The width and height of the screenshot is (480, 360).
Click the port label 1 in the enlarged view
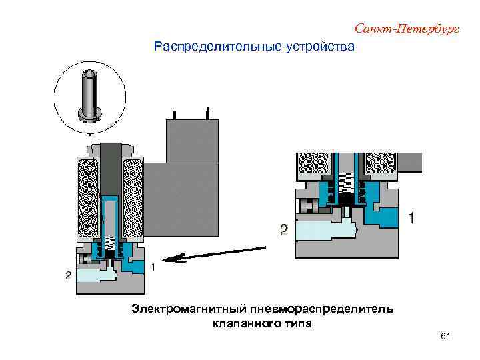point(411,218)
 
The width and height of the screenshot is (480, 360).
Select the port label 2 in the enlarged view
point(284,230)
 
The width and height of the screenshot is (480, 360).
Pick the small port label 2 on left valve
point(68,275)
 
